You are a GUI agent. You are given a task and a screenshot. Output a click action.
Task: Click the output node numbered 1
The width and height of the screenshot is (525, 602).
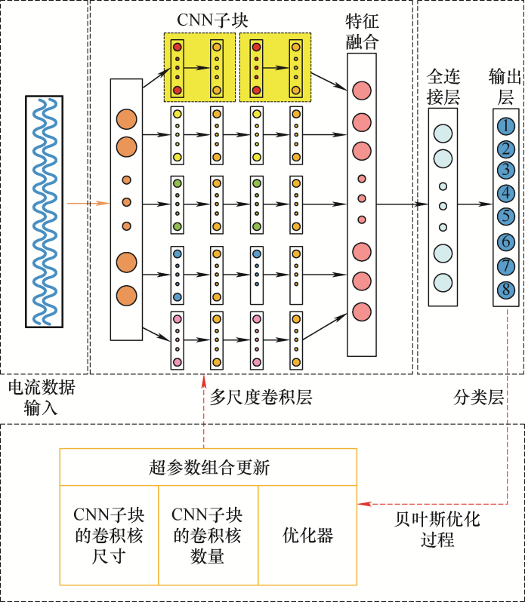pyautogui.click(x=505, y=126)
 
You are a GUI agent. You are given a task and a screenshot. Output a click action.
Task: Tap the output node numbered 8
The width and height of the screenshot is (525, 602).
pyautogui.click(x=505, y=288)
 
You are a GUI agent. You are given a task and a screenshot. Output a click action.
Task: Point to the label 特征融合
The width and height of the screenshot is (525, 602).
pyautogui.click(x=361, y=32)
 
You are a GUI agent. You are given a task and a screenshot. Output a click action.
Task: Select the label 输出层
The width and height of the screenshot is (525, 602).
pyautogui.click(x=505, y=87)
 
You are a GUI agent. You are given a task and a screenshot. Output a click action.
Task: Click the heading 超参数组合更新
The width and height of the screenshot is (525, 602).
pyautogui.click(x=208, y=468)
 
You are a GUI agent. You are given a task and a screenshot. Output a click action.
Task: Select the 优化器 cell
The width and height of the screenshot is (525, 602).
pyautogui.click(x=307, y=535)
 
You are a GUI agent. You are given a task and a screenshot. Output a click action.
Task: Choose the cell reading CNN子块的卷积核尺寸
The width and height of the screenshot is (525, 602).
pyautogui.click(x=109, y=535)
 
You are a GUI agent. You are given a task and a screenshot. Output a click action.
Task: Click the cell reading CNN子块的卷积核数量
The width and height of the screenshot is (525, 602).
pyautogui.click(x=208, y=535)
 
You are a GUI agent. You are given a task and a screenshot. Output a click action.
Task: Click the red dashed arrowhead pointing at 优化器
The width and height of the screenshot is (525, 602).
pyautogui.click(x=363, y=503)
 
